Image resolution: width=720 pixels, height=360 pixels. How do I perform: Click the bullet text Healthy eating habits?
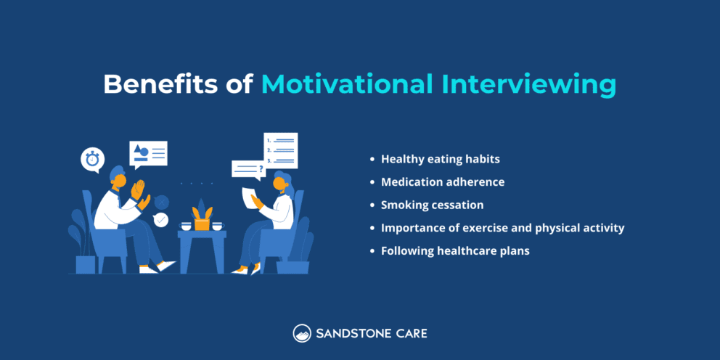tap(440, 159)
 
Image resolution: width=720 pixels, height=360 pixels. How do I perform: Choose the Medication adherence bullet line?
tap(442, 182)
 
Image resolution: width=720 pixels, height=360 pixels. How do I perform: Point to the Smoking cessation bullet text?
tap(432, 205)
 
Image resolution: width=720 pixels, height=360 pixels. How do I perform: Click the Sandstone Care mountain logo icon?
tap(302, 334)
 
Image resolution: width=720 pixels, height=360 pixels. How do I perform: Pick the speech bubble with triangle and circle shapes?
tap(148, 154)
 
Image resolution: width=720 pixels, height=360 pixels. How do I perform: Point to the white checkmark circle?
tap(160, 218)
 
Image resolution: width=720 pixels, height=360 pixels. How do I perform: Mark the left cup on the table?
tap(186, 226)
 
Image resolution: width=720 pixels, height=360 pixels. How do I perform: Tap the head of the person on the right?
tap(281, 180)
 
